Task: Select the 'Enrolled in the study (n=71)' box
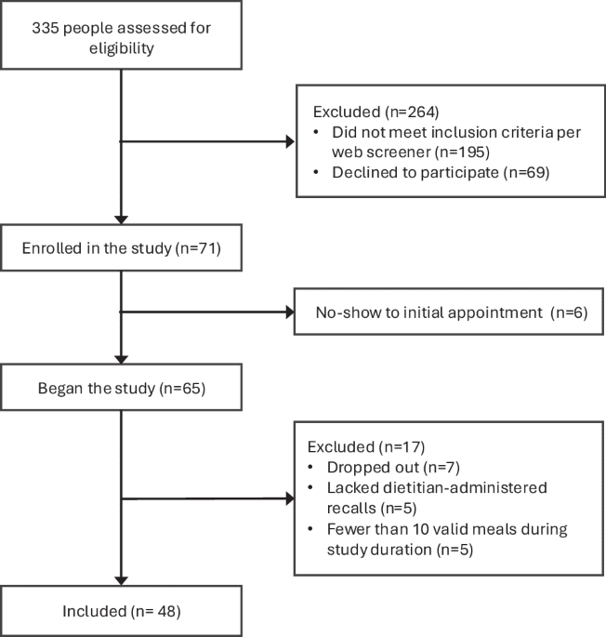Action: click(x=122, y=249)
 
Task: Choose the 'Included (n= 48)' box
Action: click(x=122, y=610)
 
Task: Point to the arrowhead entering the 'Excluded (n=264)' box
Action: click(x=288, y=142)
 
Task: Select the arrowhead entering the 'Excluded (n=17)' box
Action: click(x=288, y=499)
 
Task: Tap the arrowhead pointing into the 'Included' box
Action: click(x=122, y=578)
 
